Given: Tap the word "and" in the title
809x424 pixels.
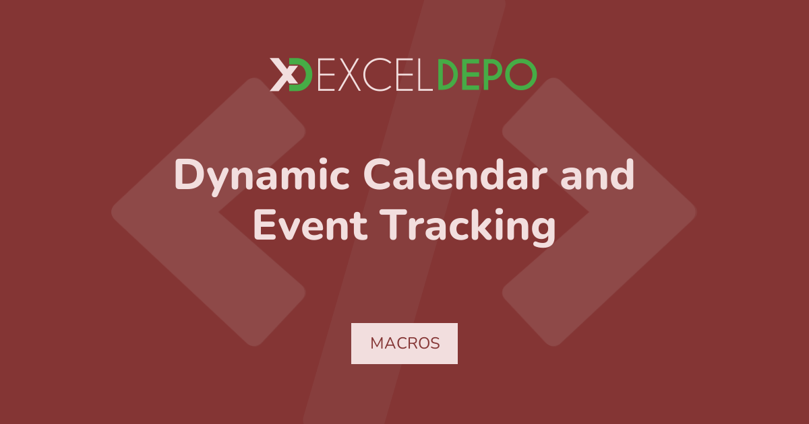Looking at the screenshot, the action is click(x=598, y=174).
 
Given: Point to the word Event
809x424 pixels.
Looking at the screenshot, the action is click(x=311, y=225).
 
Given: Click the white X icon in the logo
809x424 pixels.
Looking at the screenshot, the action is click(x=284, y=75).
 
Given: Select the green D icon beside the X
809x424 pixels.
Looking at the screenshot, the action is click(x=301, y=75).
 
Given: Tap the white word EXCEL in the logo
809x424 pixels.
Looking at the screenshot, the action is click(x=375, y=75).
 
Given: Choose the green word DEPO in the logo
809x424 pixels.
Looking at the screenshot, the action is click(x=487, y=75).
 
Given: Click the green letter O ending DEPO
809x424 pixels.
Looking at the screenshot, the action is click(x=520, y=75).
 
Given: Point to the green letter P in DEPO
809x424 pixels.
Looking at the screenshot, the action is click(x=493, y=75).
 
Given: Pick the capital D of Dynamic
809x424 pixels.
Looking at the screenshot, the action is click(x=189, y=174).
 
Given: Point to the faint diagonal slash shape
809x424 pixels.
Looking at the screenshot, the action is click(x=404, y=212).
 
